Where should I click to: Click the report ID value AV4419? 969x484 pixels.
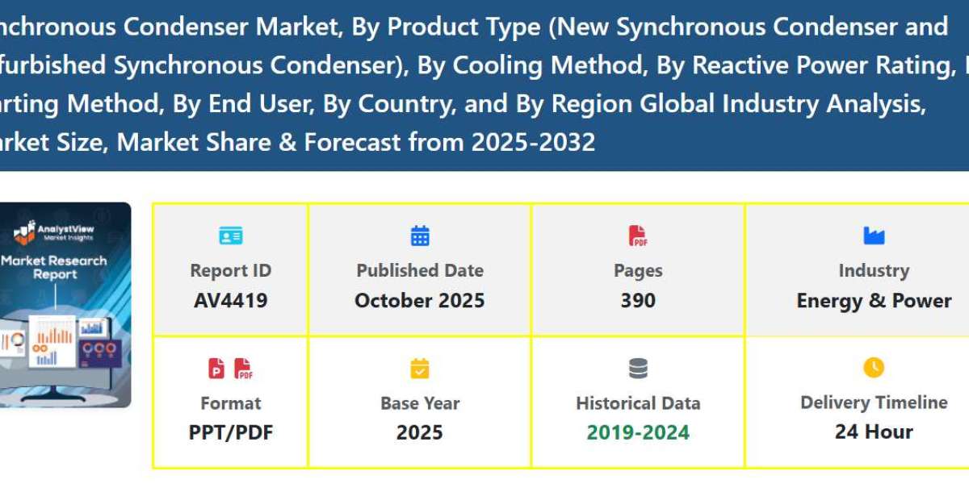[230, 301]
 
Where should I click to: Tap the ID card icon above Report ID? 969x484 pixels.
[230, 236]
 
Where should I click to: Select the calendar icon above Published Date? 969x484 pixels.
[420, 236]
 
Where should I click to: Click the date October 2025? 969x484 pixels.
[420, 301]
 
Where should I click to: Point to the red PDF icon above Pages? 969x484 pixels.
[638, 236]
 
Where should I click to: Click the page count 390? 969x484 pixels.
[638, 301]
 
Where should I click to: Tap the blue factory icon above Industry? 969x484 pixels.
[874, 236]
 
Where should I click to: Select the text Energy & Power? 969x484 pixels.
[874, 301]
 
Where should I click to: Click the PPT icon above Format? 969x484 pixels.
[216, 369]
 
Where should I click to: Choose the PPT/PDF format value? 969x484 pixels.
[230, 432]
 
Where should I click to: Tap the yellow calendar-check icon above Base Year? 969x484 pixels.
[420, 369]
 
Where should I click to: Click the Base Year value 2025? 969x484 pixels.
[420, 432]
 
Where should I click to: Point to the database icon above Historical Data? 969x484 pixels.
[638, 369]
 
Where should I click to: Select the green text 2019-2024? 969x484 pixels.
[638, 432]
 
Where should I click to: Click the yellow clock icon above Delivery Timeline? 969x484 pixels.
[874, 368]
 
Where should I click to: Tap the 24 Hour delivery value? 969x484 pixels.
[874, 432]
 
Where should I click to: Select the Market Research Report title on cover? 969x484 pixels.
[53, 267]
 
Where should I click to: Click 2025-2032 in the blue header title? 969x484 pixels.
[533, 143]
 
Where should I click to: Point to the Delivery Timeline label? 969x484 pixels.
[874, 403]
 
